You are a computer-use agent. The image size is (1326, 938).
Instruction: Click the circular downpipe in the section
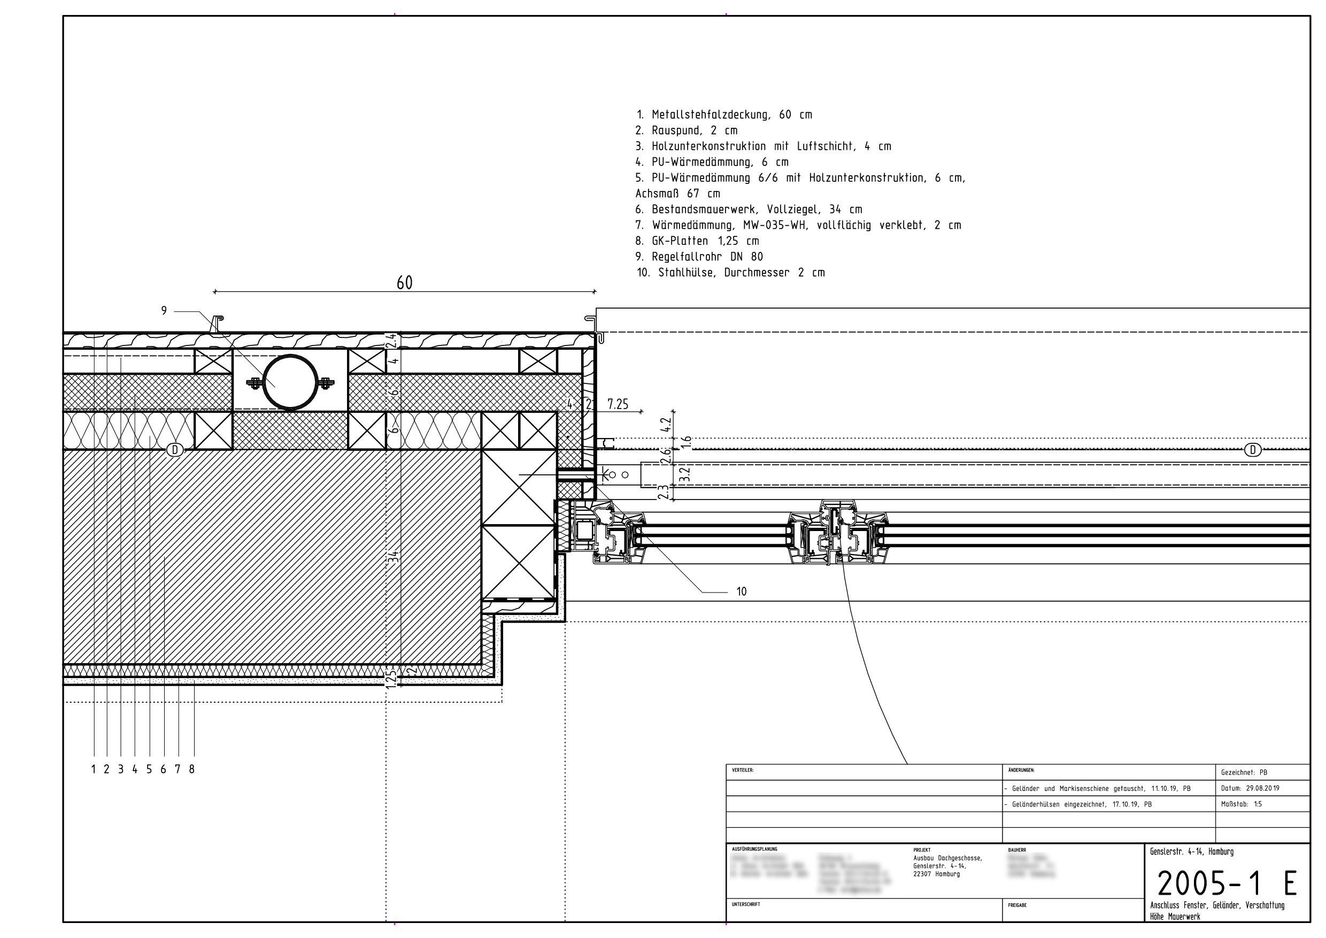pos(290,382)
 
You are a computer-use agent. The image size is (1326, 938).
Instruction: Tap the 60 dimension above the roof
pos(404,283)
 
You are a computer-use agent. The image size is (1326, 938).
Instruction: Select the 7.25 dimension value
pos(618,404)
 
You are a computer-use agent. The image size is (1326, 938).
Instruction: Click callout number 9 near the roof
pos(164,311)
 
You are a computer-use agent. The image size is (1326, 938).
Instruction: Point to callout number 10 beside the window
pos(742,591)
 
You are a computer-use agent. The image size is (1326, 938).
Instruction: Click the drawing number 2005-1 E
pos(1227,883)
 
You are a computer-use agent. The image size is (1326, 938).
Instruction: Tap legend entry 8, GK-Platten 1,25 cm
pos(697,241)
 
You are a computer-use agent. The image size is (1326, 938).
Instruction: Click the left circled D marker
pos(174,449)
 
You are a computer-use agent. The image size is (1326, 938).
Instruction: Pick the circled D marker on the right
pos(1252,449)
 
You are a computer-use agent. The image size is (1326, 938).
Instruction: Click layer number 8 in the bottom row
pos(192,770)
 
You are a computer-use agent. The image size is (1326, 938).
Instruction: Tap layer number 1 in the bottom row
pos(94,770)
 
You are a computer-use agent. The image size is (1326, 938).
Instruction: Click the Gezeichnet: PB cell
pos(1244,772)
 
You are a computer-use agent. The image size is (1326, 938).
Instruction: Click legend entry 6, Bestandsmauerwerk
pos(749,209)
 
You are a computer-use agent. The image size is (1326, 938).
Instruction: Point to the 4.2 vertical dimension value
pos(665,425)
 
